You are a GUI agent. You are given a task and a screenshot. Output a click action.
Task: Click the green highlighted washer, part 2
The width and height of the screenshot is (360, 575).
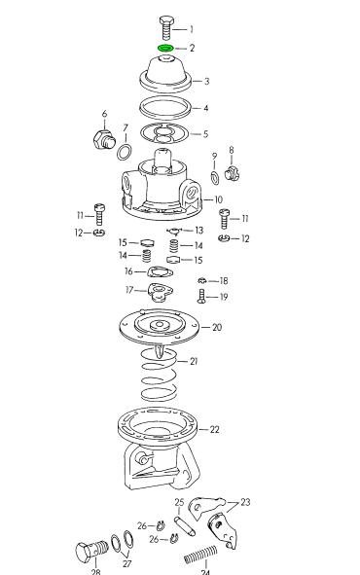click(x=165, y=48)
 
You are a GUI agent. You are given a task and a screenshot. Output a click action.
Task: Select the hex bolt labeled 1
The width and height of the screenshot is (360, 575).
click(x=166, y=28)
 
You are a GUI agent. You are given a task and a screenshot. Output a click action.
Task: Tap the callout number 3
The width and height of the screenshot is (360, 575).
click(x=206, y=81)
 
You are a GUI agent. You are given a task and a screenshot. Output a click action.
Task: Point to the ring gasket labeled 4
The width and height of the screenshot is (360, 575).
click(x=165, y=108)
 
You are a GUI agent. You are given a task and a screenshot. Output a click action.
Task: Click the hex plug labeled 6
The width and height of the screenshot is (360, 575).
click(x=103, y=139)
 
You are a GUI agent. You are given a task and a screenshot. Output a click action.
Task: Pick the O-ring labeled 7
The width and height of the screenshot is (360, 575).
click(x=125, y=152)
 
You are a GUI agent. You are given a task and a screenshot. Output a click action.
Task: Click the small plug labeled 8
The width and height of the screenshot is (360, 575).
click(x=232, y=173)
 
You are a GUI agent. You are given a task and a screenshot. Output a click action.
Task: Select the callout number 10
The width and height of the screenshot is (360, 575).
click(x=218, y=199)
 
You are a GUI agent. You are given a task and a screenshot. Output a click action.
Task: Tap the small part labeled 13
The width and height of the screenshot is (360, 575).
click(x=173, y=231)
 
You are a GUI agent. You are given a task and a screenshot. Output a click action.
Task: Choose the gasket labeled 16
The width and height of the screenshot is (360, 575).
click(x=160, y=272)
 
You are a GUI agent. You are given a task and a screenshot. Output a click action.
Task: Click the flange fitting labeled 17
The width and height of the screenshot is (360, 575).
click(x=161, y=292)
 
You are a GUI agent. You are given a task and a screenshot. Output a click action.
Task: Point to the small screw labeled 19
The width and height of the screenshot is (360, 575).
click(x=201, y=296)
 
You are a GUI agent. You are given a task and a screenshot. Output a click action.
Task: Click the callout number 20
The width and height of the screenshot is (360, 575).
click(x=217, y=327)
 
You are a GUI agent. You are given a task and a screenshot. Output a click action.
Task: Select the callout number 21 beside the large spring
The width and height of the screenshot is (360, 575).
click(x=194, y=361)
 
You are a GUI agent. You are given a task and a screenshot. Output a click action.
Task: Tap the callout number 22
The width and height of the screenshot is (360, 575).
click(x=214, y=429)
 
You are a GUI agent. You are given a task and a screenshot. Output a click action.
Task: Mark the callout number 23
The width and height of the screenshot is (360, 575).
click(x=245, y=502)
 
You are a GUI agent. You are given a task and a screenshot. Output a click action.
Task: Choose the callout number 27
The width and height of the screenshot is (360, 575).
click(x=126, y=563)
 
